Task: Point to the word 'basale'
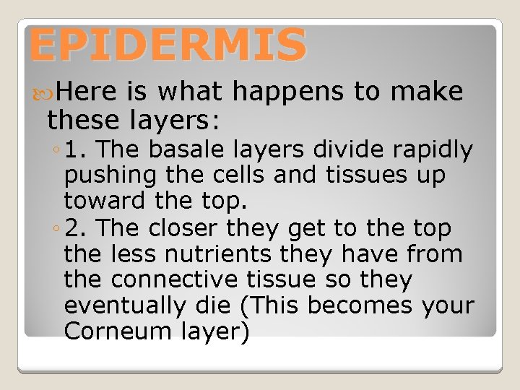[190, 149]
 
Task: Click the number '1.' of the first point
[75, 149]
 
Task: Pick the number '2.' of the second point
[75, 228]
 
